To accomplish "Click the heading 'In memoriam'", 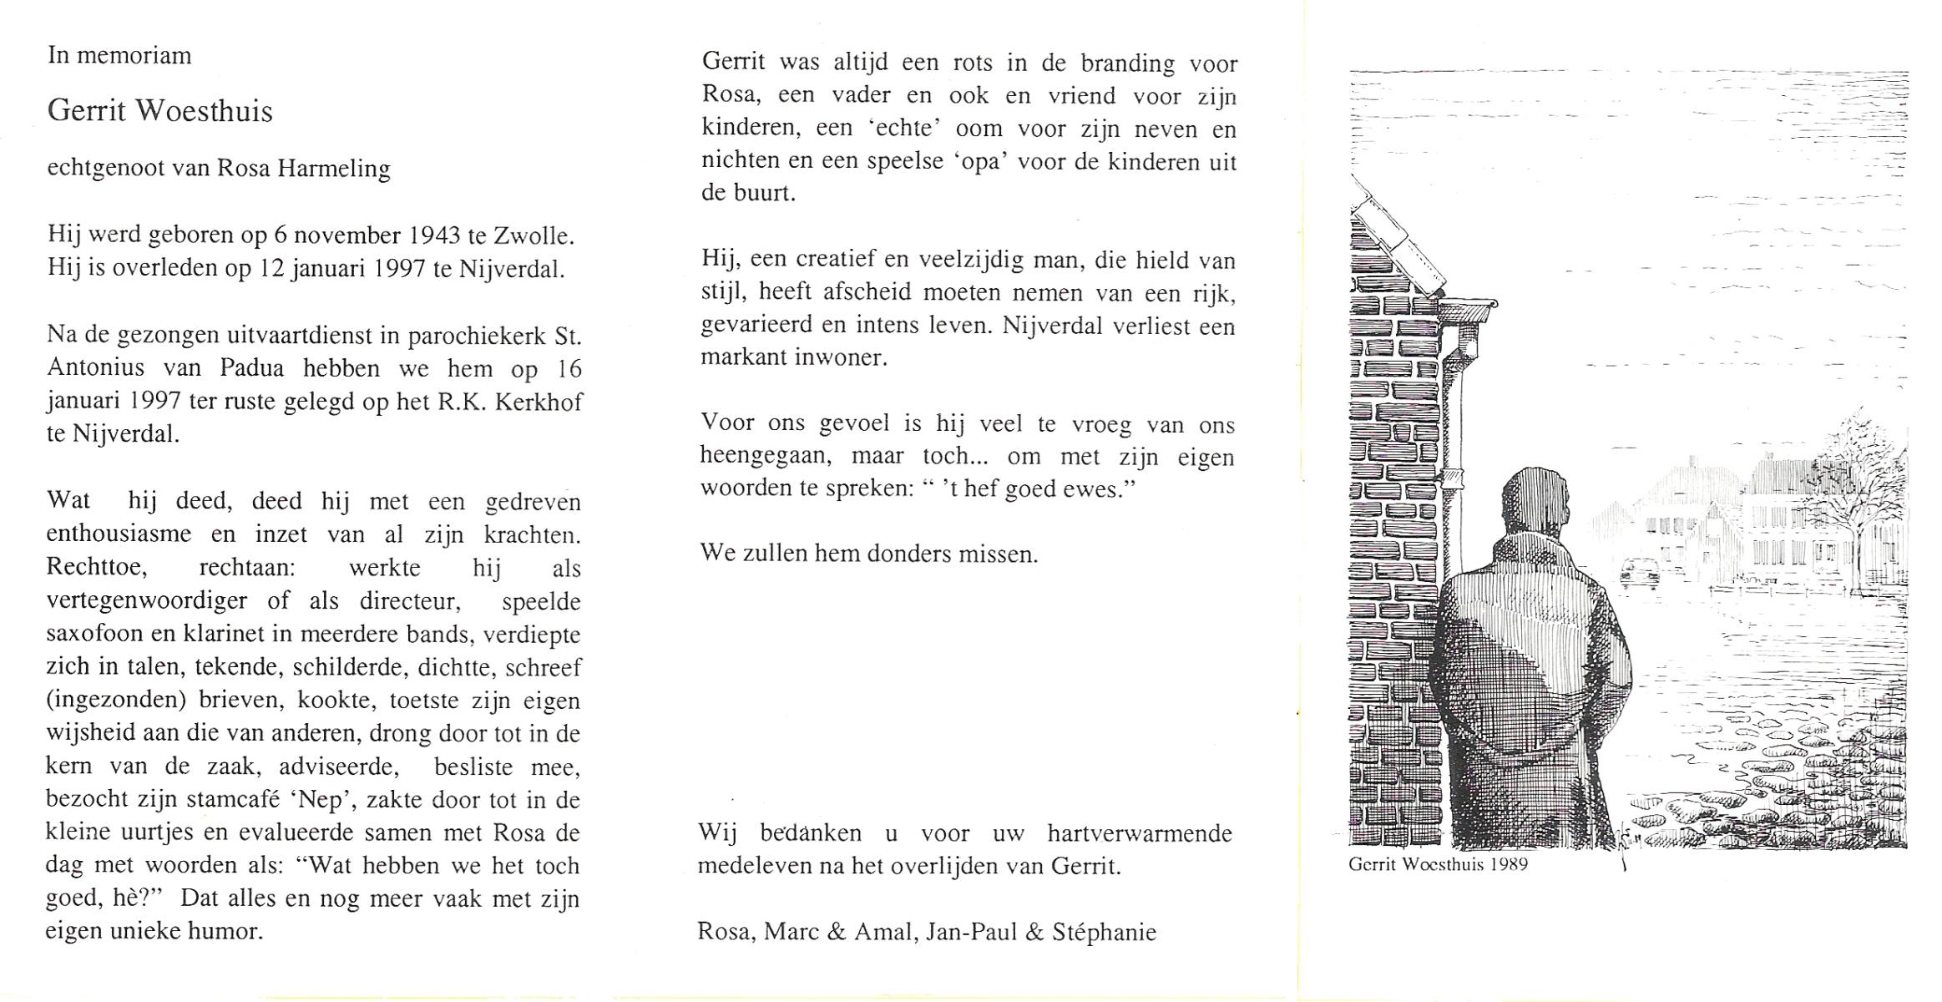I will coord(119,56).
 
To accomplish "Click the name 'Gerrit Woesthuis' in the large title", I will coord(159,111).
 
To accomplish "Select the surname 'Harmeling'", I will coord(334,169).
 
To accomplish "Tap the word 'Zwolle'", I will coord(532,235).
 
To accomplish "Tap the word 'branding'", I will coord(1127,63).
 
